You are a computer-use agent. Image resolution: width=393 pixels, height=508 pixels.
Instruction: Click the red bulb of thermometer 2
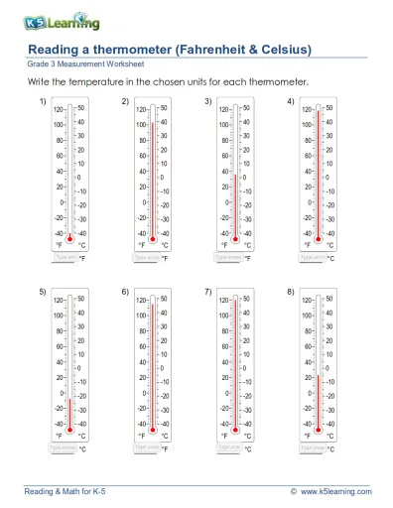pos(153,240)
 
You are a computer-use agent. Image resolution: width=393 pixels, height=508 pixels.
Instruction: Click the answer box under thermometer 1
pos(64,256)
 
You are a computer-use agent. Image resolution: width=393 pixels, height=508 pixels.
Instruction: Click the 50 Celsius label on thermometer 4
pos(329,106)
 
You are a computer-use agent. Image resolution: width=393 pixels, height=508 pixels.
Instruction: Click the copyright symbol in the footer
pos(294,491)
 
